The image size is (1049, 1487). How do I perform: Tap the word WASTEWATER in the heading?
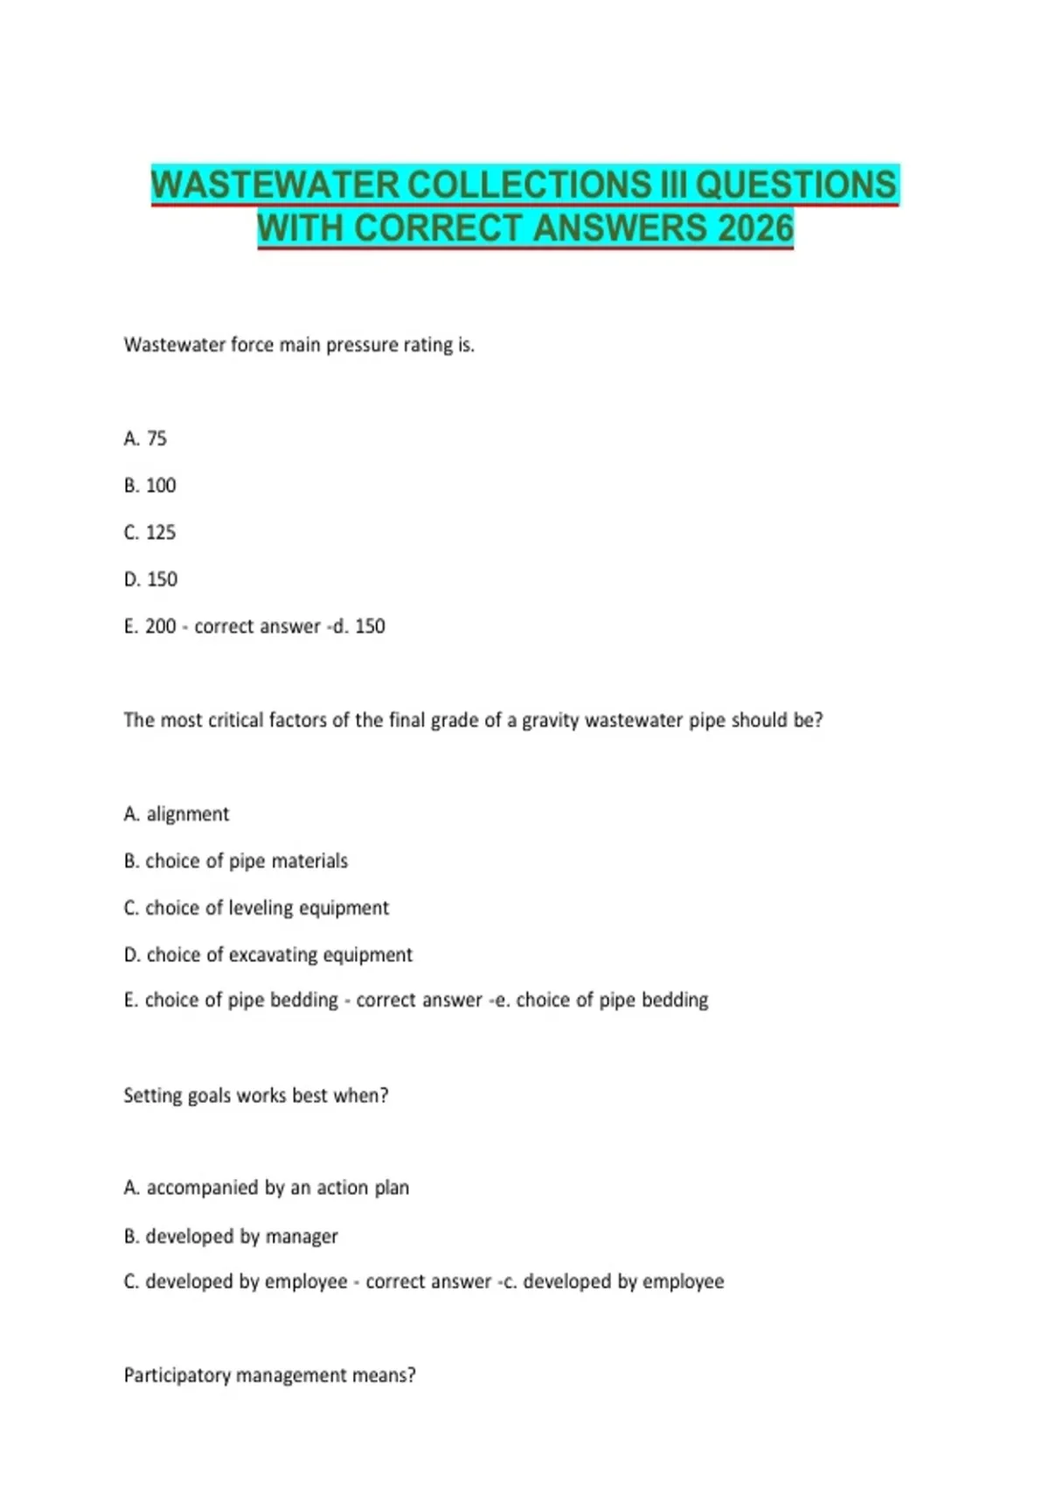click(274, 185)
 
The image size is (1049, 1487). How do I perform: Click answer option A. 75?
click(145, 438)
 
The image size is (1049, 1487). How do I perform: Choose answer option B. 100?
click(149, 485)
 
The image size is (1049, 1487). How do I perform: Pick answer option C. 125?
click(149, 533)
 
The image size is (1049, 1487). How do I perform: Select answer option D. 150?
click(150, 579)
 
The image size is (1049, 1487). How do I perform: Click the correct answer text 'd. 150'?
click(359, 626)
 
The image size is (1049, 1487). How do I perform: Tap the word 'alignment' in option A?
click(188, 814)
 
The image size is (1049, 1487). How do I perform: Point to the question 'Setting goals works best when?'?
click(256, 1096)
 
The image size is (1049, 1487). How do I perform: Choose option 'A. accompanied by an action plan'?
click(267, 1188)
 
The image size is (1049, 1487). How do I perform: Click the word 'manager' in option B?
click(302, 1237)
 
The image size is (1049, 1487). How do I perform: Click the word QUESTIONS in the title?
click(795, 185)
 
